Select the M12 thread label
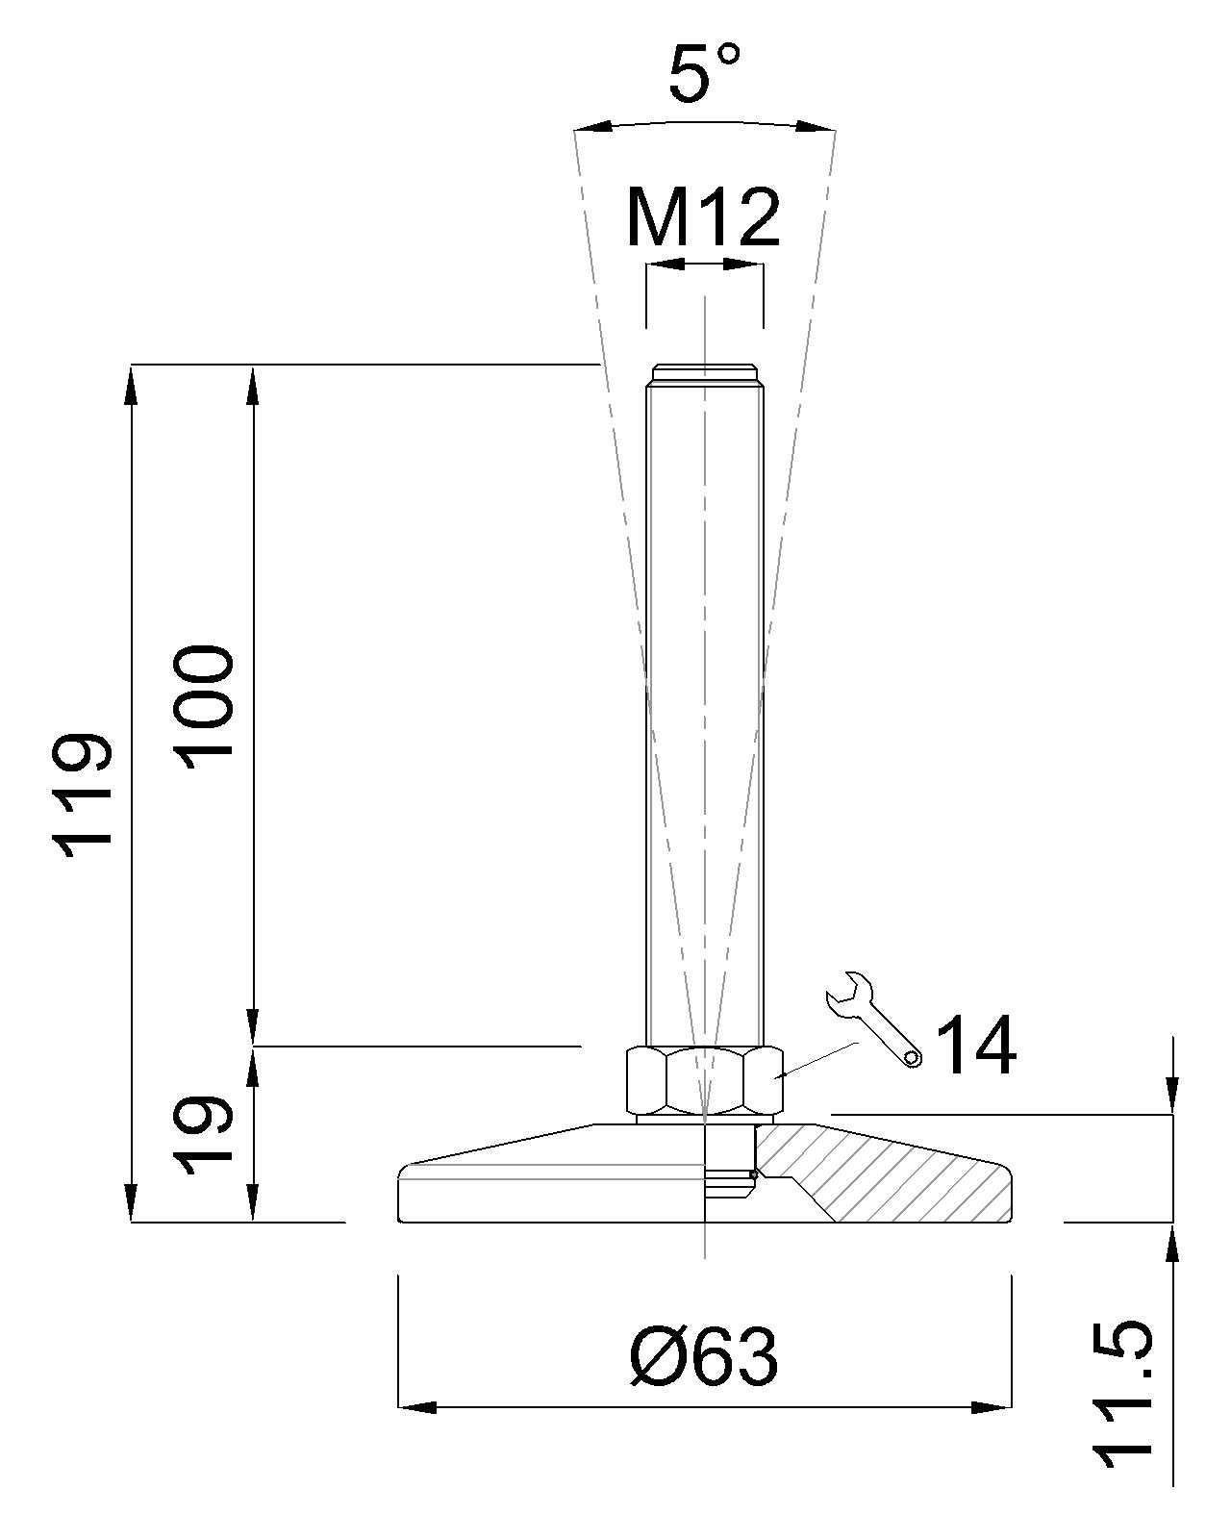pos(703,216)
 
